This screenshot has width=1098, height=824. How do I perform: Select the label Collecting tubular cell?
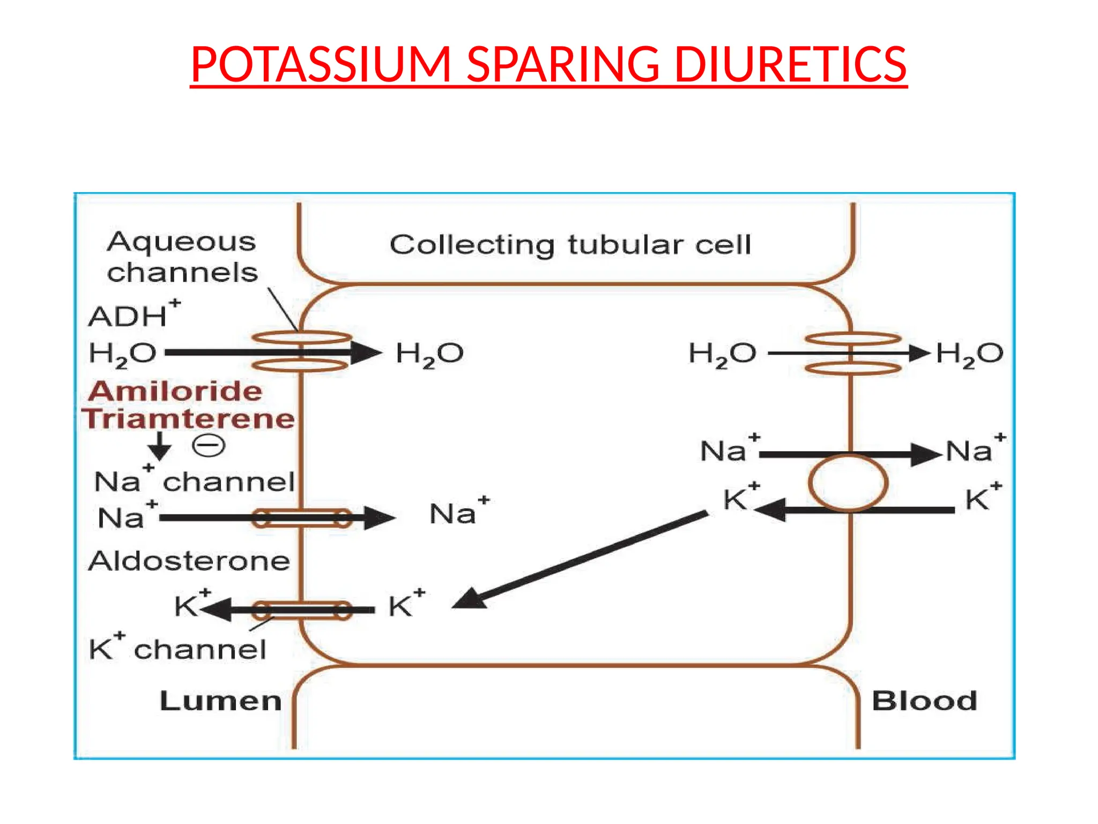pos(570,245)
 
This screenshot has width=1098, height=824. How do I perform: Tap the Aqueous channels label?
pos(182,257)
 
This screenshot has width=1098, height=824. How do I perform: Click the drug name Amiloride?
pos(176,391)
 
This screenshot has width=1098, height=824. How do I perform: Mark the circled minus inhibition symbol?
pos(209,446)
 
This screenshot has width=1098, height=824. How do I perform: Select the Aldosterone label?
pos(189,562)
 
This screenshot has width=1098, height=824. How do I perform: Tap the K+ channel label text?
pos(177,648)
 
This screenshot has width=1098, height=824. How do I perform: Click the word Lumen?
pos(220,701)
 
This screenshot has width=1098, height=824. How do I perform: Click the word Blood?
pos(924,701)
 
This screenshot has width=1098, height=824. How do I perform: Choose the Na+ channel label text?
pos(194,481)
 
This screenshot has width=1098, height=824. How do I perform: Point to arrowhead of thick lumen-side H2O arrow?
pos(367,352)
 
